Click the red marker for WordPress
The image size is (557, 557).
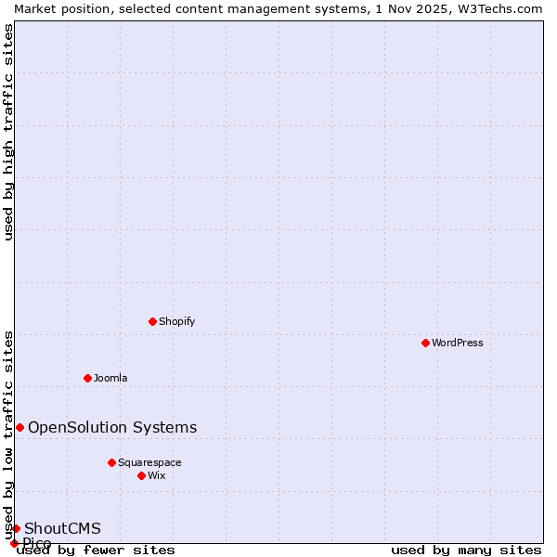pyautogui.click(x=425, y=343)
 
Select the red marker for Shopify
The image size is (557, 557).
pyautogui.click(x=152, y=321)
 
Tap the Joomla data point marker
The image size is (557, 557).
pyautogui.click(x=87, y=378)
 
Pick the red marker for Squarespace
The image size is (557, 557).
pyautogui.click(x=111, y=462)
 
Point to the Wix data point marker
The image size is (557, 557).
pyautogui.click(x=141, y=475)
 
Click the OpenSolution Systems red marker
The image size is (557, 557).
pyautogui.click(x=19, y=427)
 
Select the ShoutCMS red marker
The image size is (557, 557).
pyautogui.click(x=16, y=528)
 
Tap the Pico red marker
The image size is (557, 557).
pyautogui.click(x=14, y=543)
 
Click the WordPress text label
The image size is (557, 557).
pyautogui.click(x=458, y=343)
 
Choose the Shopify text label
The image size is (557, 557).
pyautogui.click(x=176, y=321)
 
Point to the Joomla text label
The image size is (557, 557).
pyautogui.click(x=110, y=378)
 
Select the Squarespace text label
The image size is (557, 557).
pyautogui.click(x=149, y=462)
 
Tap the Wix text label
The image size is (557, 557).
pyautogui.click(x=156, y=475)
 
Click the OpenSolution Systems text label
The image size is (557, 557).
pyautogui.click(x=112, y=427)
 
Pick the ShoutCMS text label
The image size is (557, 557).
pyautogui.click(x=62, y=528)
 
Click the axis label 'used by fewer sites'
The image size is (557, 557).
pyautogui.click(x=96, y=551)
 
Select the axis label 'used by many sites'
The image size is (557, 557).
pyautogui.click(x=466, y=551)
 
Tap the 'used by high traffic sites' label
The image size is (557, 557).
pyautogui.click(x=9, y=132)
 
